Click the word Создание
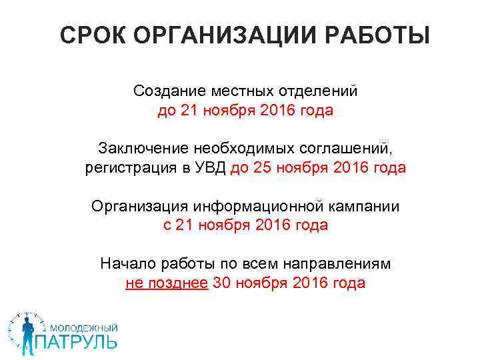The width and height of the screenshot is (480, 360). coord(169,90)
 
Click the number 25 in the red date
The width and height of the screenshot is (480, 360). coord(263,167)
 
